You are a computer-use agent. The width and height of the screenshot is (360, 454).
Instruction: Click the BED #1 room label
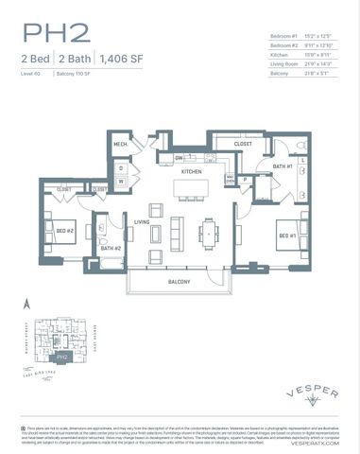tap(287, 235)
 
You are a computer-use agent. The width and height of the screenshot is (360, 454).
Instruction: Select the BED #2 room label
tap(64, 229)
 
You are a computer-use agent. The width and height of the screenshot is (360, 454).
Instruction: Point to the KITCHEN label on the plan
tap(192, 172)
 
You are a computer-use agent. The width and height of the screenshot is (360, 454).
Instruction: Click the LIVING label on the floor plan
tap(143, 223)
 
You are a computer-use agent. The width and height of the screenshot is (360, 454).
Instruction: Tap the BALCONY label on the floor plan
tap(180, 282)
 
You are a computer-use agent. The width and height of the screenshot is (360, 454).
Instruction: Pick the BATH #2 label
tap(112, 248)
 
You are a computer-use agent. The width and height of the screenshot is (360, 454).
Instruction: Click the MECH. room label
tap(121, 145)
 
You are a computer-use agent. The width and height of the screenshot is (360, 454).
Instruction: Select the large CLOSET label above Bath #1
tap(244, 144)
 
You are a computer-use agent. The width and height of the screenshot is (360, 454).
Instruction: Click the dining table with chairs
tap(209, 231)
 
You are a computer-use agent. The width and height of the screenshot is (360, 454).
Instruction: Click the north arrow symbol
tap(27, 304)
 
